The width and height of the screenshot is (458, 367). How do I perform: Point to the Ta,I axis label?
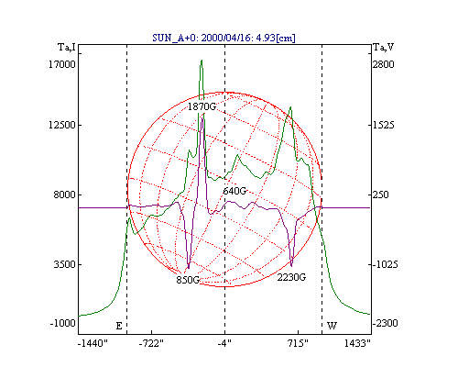pos(67,48)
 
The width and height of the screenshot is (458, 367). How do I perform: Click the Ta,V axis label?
pos(384,48)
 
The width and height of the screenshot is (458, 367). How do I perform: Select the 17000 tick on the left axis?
pos(62,64)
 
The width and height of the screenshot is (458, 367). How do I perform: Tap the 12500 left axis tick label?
pos(62,125)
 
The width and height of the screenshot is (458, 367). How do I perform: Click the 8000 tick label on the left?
pos(64,195)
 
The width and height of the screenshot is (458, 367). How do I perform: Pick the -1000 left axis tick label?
pos(62,323)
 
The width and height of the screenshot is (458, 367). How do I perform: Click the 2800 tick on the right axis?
pos(384,64)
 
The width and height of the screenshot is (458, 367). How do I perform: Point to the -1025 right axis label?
pos(386,264)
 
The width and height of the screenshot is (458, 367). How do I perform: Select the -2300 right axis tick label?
pos(386,323)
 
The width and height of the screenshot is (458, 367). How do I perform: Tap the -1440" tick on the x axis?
pos(93,344)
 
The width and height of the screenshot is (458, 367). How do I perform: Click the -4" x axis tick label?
pos(224,344)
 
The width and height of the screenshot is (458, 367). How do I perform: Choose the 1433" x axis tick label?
pos(357,344)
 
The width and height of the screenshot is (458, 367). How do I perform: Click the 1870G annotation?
pos(202,106)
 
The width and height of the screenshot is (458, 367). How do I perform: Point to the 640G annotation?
pos(234,191)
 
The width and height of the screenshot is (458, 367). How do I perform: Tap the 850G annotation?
pos(188,280)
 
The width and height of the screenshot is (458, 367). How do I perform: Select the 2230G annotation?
pos(291,277)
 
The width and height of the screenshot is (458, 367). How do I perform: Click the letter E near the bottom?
pos(119,326)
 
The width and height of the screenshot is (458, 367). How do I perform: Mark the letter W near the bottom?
pos(332,326)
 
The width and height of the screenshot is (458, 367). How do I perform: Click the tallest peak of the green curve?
pos(202,61)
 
